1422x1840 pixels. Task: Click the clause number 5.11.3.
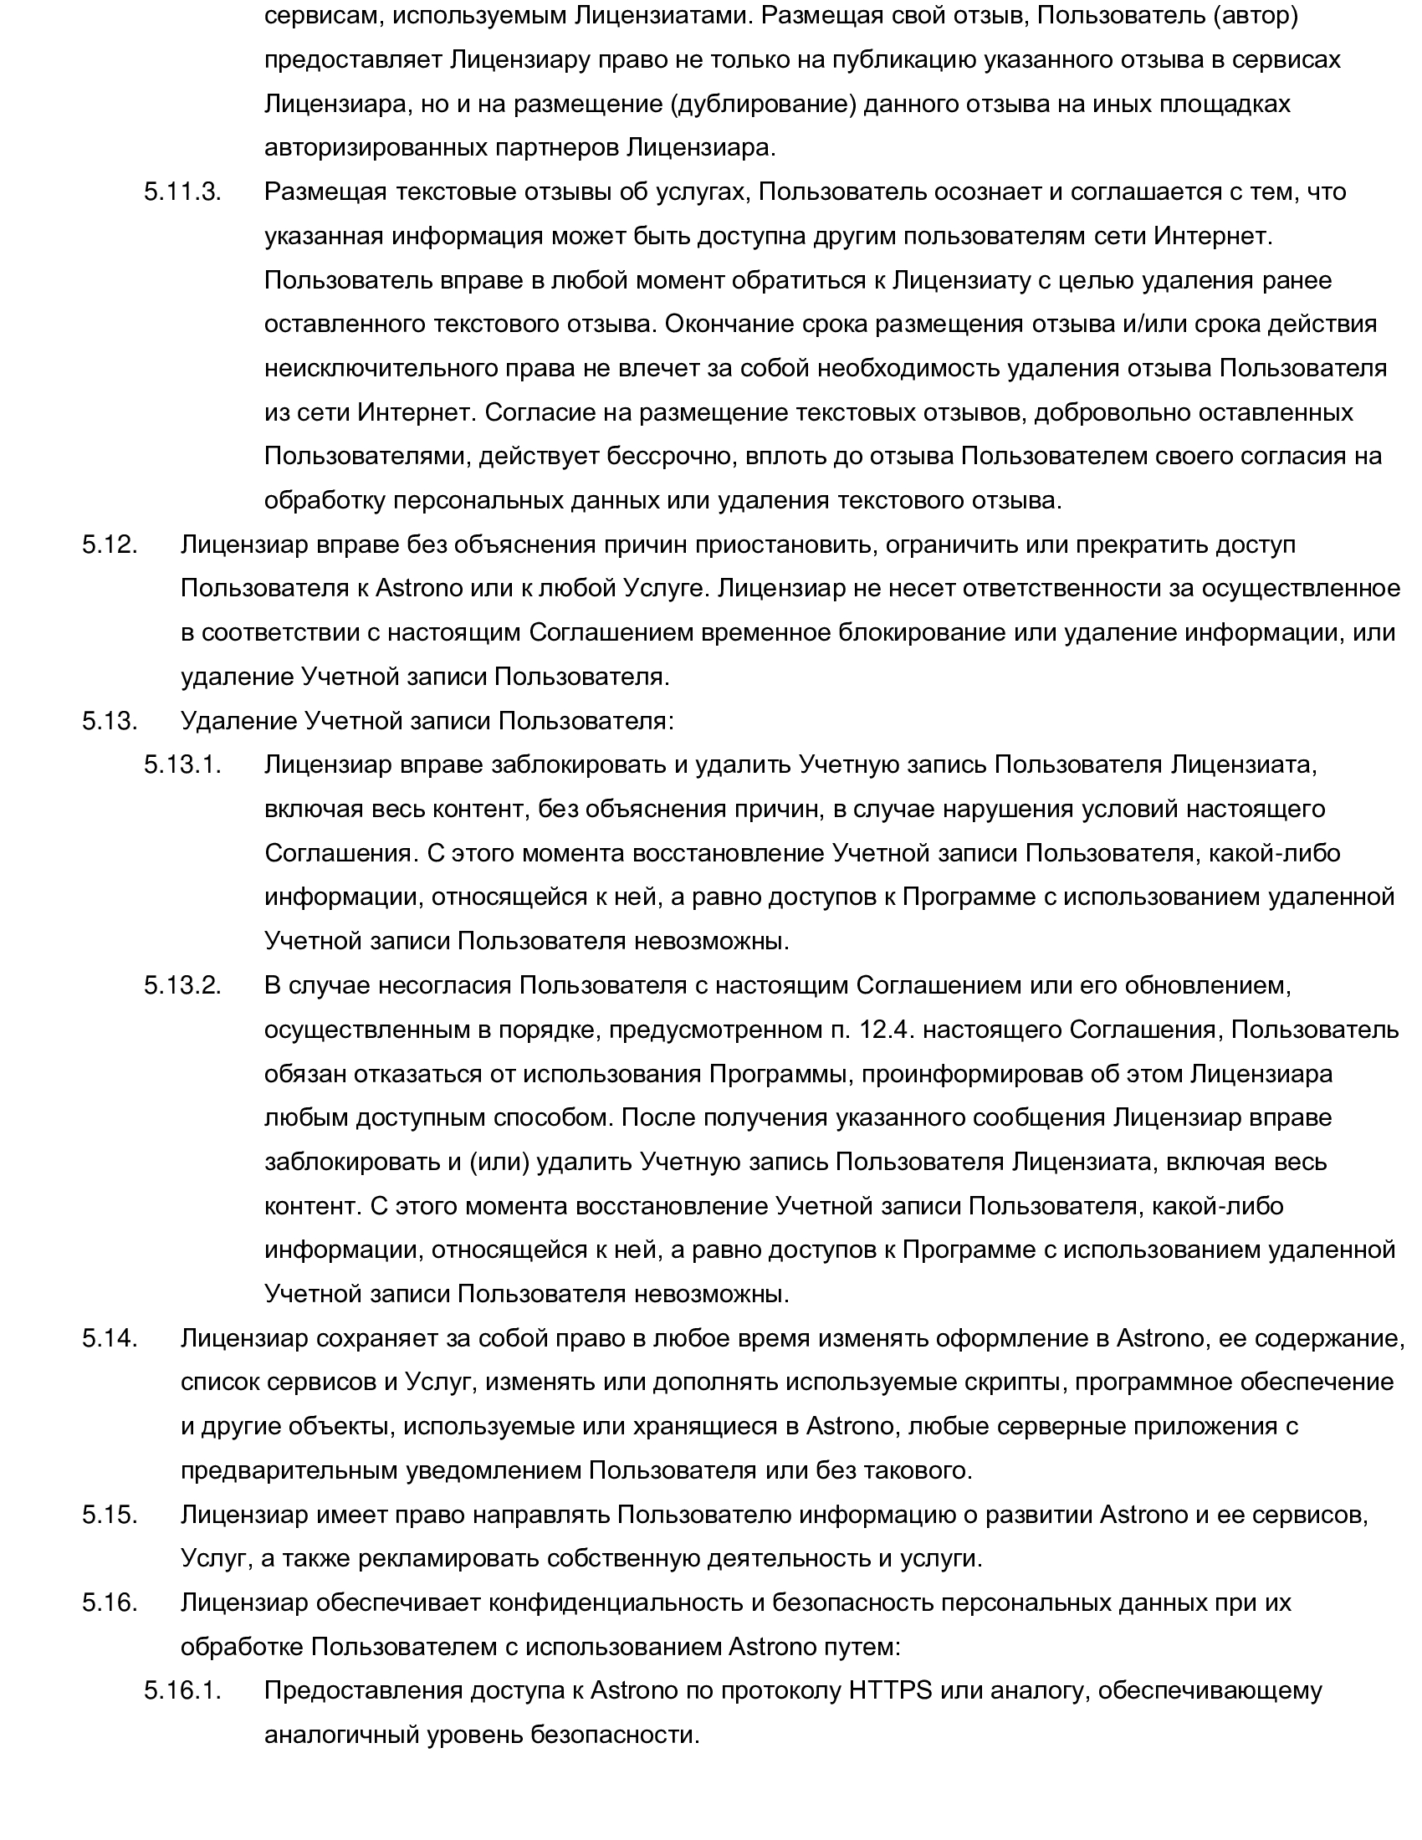182,192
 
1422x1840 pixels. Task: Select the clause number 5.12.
110,545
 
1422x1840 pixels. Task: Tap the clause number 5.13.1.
182,765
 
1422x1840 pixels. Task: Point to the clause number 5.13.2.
182,986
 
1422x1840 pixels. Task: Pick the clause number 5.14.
110,1338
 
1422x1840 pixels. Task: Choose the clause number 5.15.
110,1514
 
